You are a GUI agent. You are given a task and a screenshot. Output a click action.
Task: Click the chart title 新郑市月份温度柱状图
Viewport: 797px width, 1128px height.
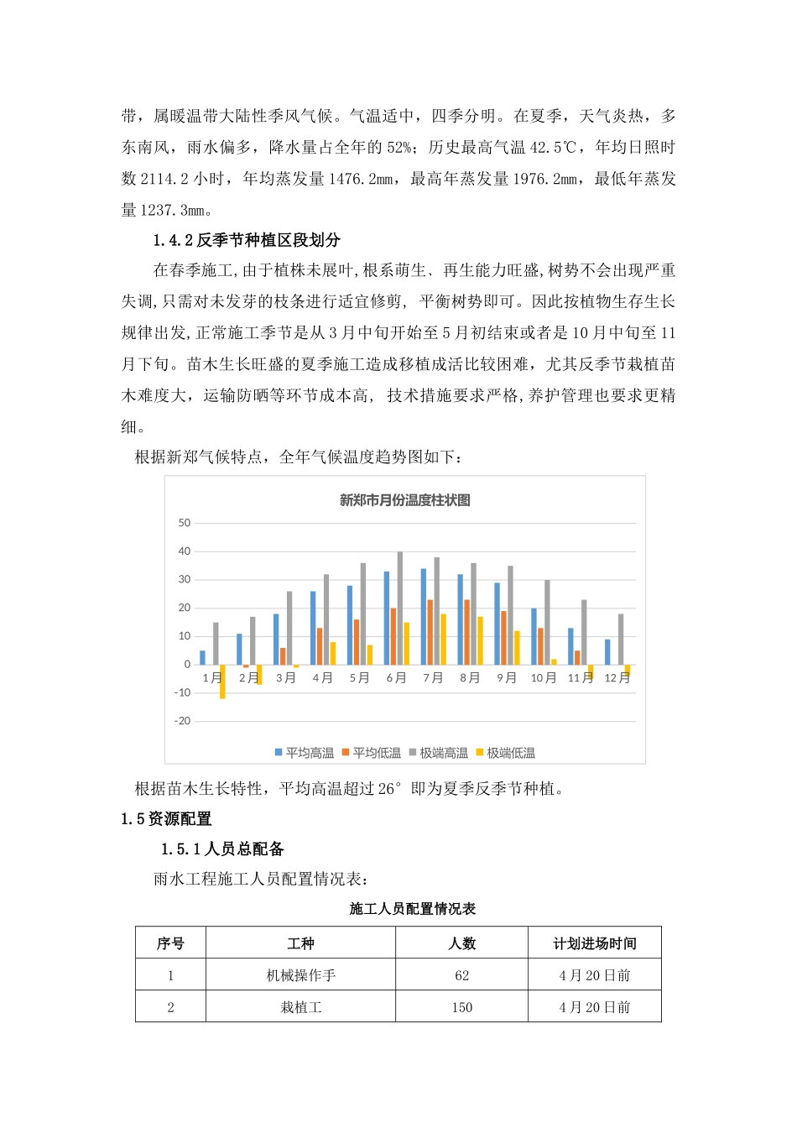tap(404, 500)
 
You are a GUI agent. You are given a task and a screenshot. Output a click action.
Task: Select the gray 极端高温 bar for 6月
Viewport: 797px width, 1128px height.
tap(400, 608)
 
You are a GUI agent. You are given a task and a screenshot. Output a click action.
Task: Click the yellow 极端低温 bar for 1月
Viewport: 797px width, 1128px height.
tap(222, 681)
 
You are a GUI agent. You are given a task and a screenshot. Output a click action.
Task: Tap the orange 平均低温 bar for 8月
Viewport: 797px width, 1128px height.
tap(467, 632)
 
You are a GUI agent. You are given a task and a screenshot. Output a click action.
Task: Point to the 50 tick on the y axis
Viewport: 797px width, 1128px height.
tap(185, 523)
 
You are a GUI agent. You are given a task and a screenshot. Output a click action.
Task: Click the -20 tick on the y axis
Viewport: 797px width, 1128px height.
tap(183, 721)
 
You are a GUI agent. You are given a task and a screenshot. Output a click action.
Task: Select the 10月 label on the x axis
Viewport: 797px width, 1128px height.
tap(543, 678)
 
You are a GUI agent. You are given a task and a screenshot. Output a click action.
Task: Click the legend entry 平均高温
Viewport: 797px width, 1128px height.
tap(305, 753)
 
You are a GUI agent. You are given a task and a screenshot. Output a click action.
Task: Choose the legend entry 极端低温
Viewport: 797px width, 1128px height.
tap(506, 753)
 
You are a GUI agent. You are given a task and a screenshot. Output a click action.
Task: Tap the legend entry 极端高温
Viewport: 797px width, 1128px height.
tap(439, 753)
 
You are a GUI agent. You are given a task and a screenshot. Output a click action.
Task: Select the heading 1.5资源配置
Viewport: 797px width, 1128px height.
tap(166, 818)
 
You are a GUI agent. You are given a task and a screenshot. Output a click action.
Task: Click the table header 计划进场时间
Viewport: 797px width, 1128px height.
tap(594, 943)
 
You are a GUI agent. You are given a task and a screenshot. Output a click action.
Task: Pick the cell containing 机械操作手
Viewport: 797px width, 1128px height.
tap(300, 975)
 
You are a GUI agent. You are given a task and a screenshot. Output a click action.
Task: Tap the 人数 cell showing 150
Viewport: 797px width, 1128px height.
tap(461, 1007)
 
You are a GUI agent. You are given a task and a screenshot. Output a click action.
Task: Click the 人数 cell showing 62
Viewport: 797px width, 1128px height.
tap(461, 975)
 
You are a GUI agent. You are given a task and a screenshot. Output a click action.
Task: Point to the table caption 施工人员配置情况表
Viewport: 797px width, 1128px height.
tap(413, 909)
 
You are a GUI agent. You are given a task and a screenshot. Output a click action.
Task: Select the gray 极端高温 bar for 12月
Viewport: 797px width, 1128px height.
tap(621, 640)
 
